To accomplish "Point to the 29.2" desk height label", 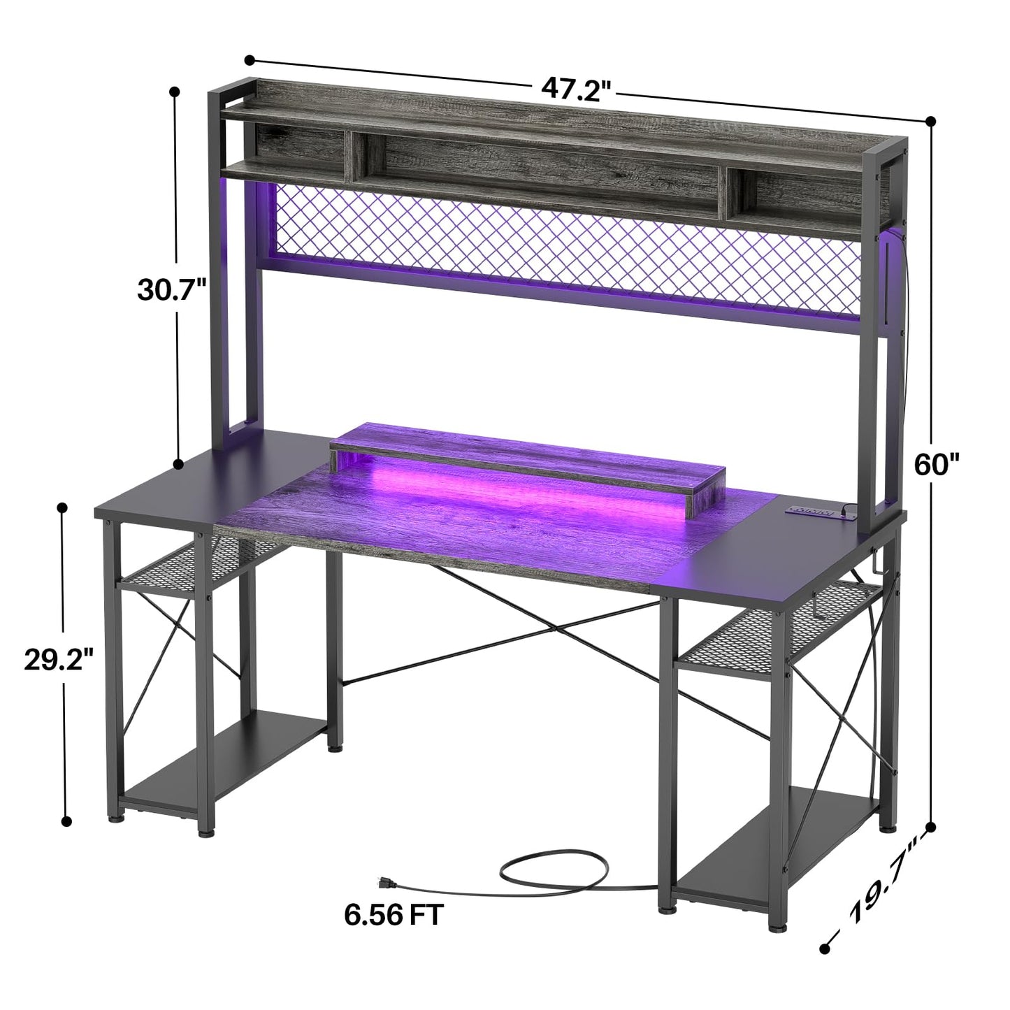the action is point(59,660).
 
